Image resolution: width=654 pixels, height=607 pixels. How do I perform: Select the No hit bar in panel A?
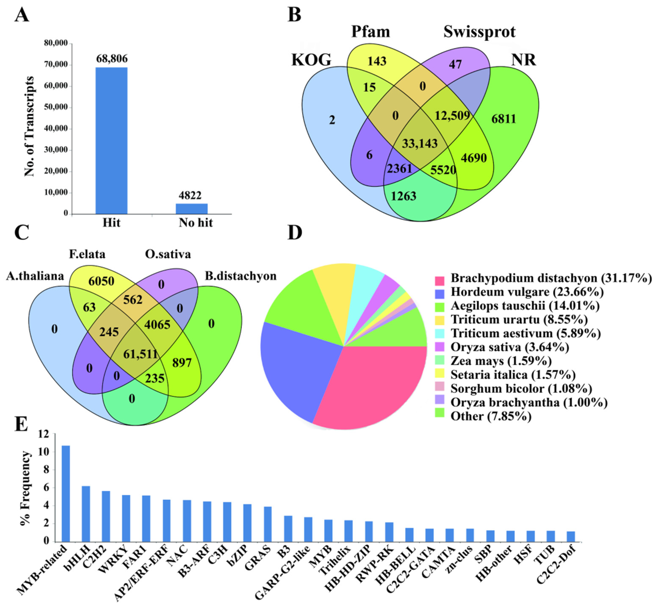pos(191,209)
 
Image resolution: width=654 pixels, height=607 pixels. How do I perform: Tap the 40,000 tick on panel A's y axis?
pos(56,128)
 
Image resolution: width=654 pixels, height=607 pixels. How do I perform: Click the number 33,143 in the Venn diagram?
pos(420,144)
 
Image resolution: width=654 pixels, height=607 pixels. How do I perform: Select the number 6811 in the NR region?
pos(503,119)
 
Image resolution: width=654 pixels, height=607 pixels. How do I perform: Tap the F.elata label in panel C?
pos(87,254)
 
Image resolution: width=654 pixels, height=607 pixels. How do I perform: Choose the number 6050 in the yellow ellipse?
pos(101,281)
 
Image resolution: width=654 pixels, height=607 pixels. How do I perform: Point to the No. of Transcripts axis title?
pos(30,126)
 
